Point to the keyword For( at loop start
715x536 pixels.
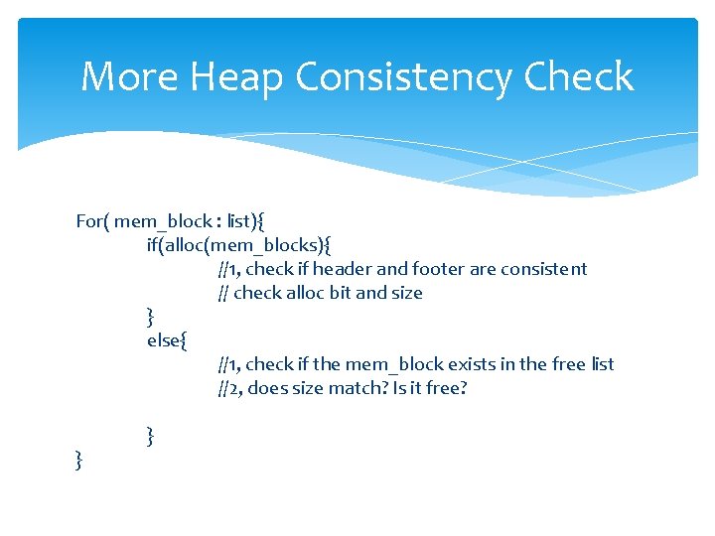coord(92,221)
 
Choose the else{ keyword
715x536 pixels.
coord(167,340)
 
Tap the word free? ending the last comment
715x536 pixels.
coord(444,388)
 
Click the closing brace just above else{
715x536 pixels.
coord(150,317)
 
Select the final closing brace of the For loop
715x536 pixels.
coord(78,459)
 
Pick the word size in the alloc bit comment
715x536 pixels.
coord(407,293)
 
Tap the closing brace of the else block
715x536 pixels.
coord(150,435)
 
